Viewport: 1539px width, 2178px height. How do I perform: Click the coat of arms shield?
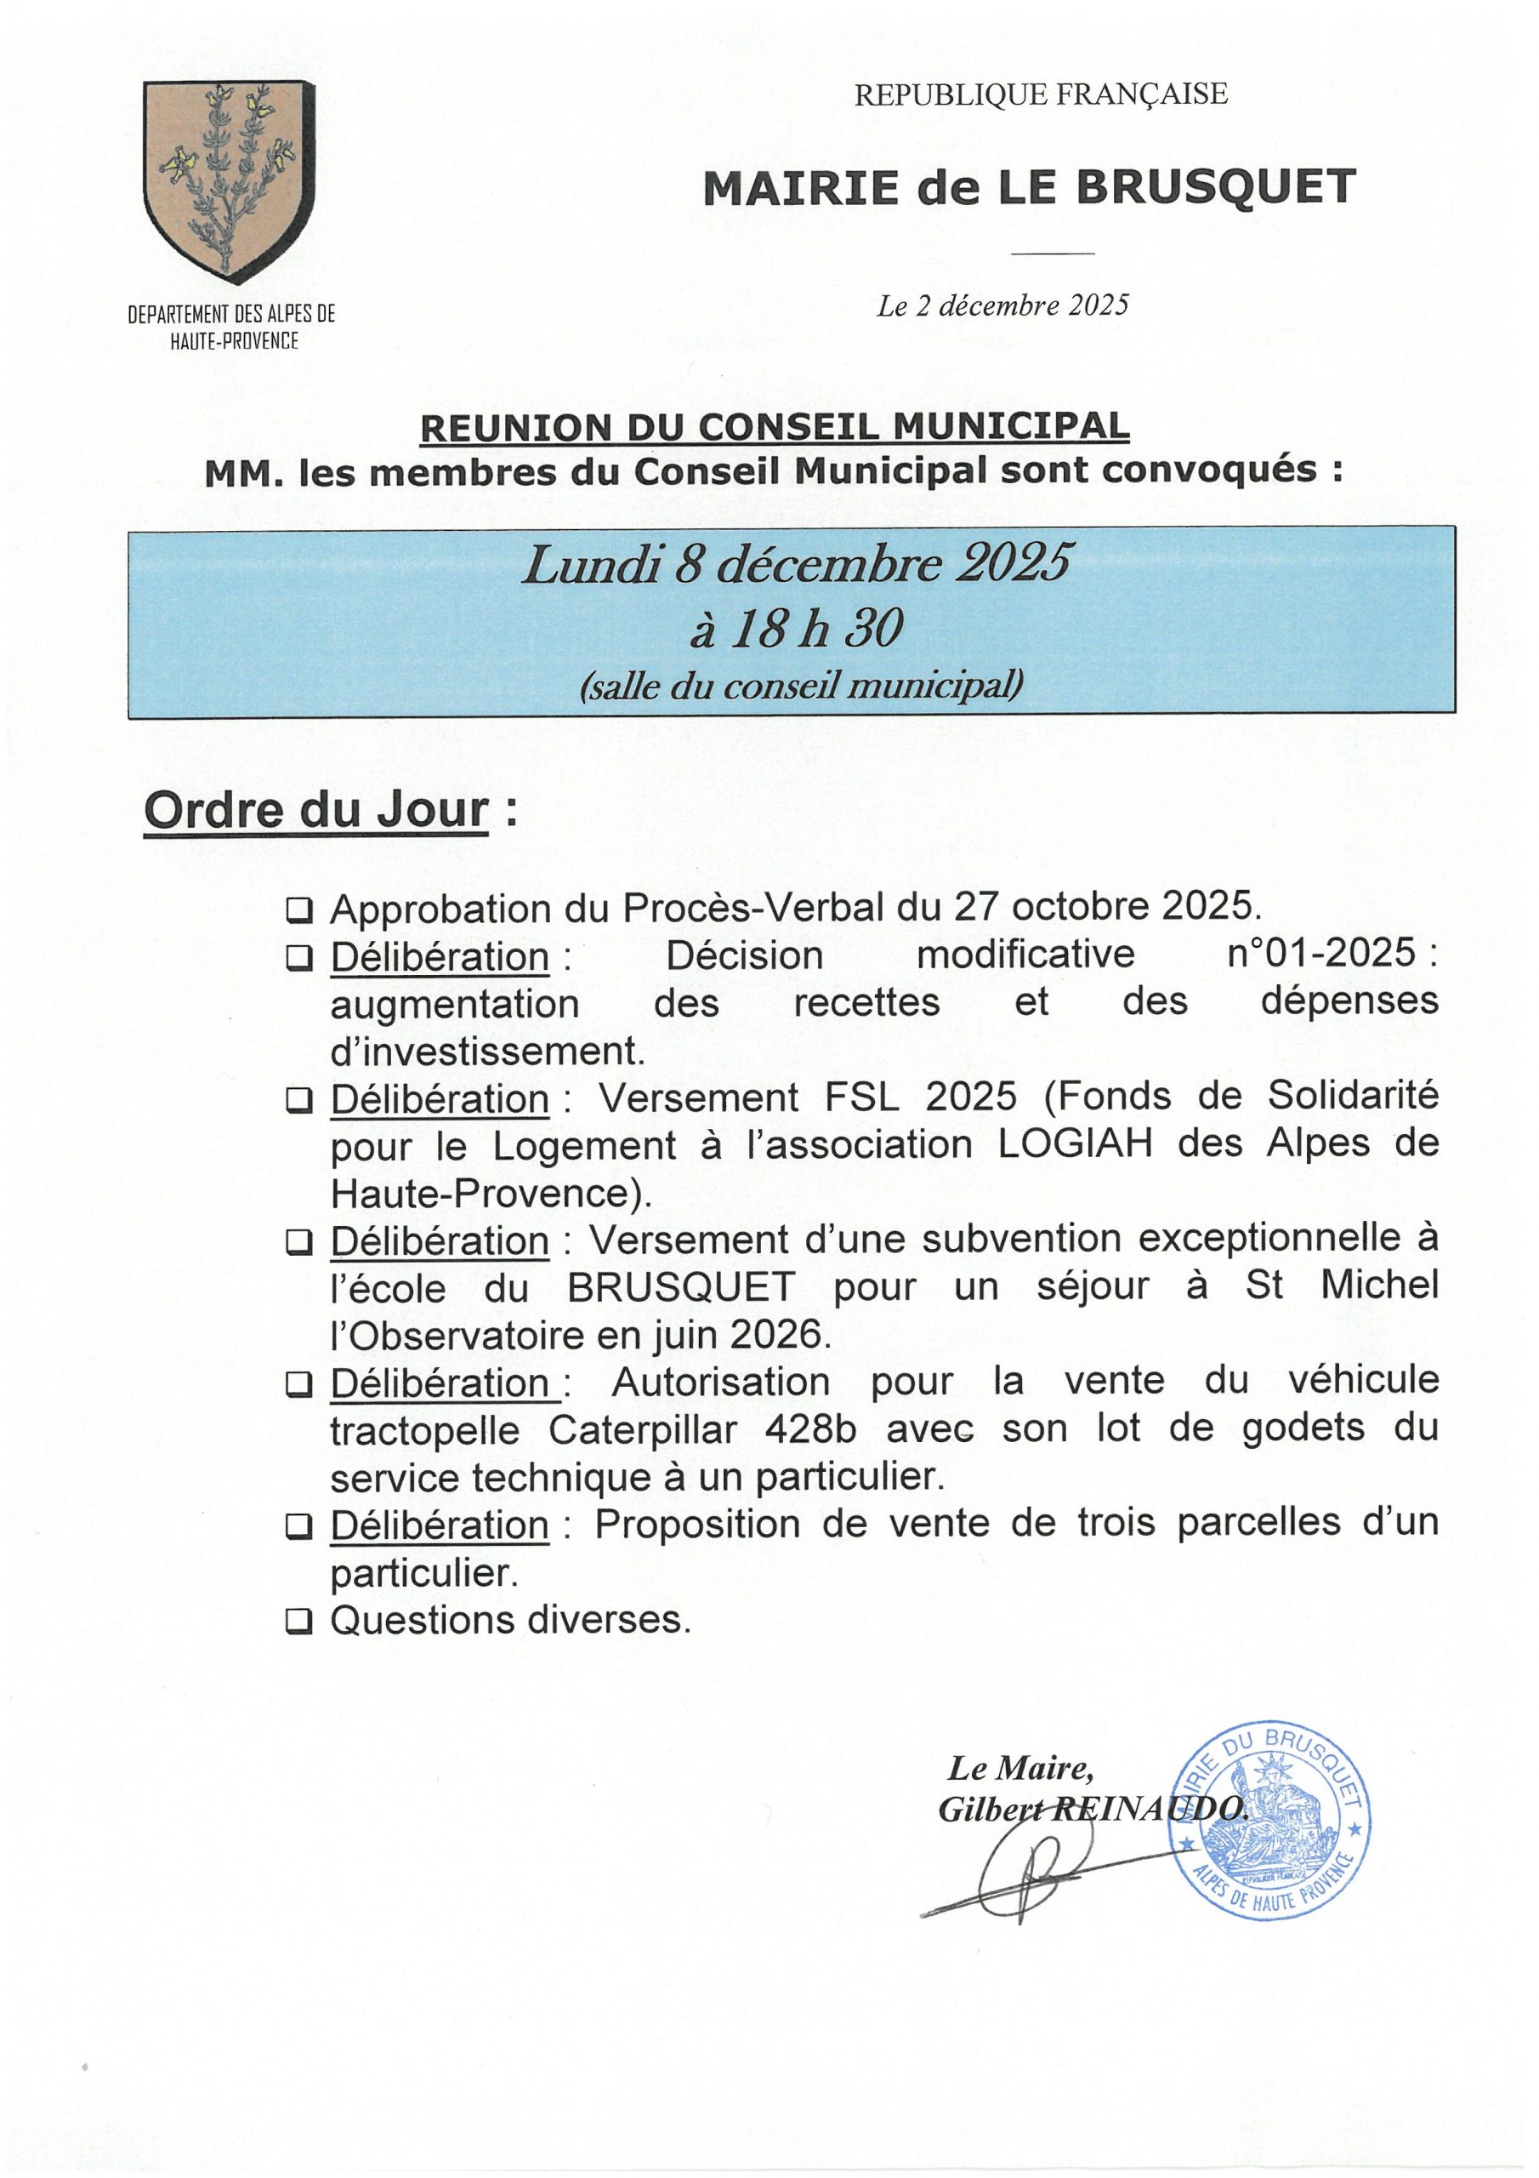229,180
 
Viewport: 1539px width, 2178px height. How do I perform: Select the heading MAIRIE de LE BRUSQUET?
1029,188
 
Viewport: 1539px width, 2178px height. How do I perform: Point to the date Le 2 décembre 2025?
1002,305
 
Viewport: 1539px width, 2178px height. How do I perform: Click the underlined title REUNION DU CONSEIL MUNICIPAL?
775,428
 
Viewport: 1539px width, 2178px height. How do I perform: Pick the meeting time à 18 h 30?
797,628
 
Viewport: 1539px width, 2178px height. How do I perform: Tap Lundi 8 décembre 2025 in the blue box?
797,566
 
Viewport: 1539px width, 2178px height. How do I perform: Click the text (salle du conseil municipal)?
801,685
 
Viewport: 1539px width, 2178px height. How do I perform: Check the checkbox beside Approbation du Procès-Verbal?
299,911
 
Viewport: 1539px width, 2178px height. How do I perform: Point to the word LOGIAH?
1076,1144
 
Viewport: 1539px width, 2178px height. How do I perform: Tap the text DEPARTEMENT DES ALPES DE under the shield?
231,314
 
